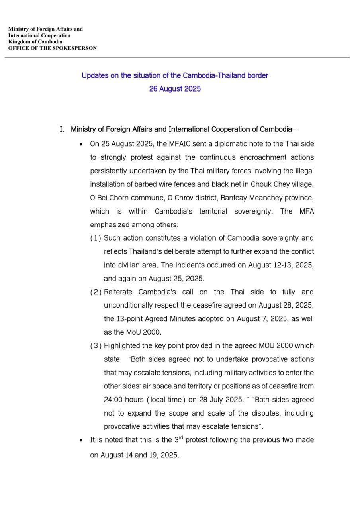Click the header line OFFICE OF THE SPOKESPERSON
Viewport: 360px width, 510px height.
tap(52, 48)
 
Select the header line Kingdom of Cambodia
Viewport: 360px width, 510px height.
tap(35, 42)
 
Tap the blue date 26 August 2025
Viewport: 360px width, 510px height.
tap(175, 89)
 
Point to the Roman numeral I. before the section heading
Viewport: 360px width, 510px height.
tap(62, 129)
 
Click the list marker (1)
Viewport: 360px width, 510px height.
tap(96, 238)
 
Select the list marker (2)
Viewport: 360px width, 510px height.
tap(96, 292)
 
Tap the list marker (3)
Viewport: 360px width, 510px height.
tap(96, 346)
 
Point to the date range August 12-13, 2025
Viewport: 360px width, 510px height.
tap(281, 265)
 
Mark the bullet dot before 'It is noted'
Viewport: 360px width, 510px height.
tap(81, 441)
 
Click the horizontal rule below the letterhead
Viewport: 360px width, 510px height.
tap(177, 57)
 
